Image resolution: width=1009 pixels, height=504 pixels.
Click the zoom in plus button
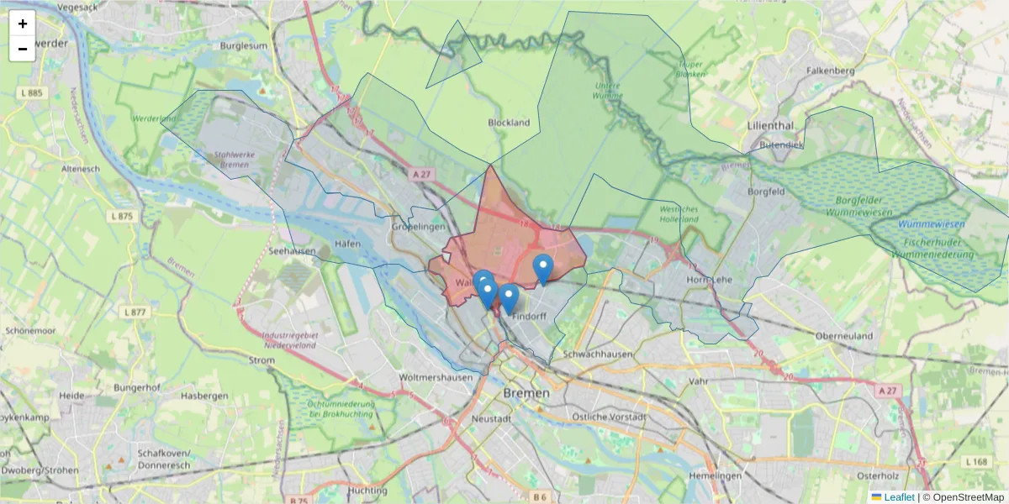point(23,24)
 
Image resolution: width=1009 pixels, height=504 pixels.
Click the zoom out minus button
point(23,49)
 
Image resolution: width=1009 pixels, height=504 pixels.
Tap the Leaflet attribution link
point(899,497)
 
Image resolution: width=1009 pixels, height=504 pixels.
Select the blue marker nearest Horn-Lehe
point(543,268)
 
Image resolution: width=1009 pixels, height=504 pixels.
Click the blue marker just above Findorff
point(509,297)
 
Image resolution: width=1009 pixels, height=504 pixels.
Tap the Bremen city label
point(526,392)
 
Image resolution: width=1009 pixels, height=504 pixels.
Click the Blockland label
point(509,123)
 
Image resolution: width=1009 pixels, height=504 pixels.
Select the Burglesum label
point(243,46)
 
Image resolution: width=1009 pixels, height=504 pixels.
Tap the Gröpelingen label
point(418,227)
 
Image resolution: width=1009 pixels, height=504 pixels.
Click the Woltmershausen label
point(437,377)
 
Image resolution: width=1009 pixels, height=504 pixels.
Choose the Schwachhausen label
point(599,354)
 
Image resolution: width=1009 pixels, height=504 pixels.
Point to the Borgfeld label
point(766,192)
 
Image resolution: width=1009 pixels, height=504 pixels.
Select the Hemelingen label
point(718,475)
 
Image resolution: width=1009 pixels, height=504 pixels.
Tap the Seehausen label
point(293,250)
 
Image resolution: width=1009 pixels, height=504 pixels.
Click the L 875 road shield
point(122,216)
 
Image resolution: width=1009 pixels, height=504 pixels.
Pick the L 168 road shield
point(977,462)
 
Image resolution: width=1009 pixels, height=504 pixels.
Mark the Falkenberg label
point(830,71)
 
